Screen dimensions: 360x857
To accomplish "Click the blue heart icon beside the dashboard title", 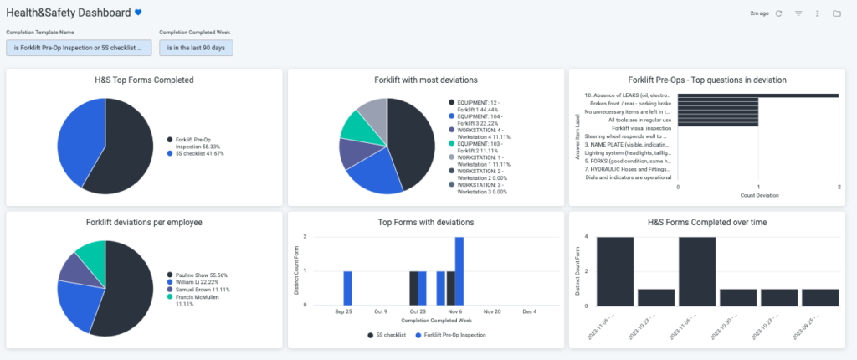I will [139, 13].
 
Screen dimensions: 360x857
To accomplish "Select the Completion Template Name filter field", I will [79, 48].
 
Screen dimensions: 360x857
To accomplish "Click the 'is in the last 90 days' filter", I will [196, 48].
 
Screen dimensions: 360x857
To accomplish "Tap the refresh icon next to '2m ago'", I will [779, 13].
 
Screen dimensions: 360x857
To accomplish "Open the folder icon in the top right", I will [836, 13].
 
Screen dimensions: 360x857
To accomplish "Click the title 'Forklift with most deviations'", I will [426, 80].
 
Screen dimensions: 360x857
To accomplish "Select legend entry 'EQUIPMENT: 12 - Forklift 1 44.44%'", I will [481, 105].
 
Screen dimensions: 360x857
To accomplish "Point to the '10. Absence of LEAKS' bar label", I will [628, 95].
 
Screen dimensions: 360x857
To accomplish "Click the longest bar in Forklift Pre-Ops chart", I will [757, 95].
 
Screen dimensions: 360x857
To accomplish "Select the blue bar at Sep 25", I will [347, 288].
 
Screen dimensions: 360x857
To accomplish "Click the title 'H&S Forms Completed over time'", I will [707, 223].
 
